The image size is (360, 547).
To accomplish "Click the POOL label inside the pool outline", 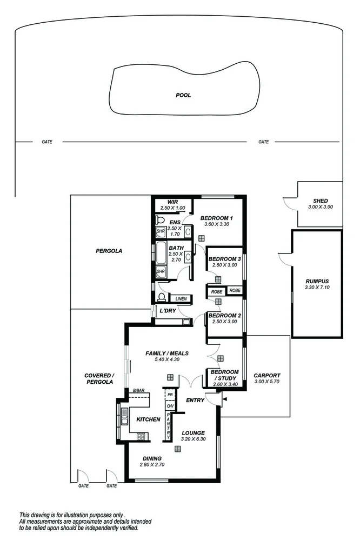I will (183, 95).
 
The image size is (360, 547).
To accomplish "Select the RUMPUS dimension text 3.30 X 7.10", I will (317, 288).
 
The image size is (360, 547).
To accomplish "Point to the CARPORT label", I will (267, 375).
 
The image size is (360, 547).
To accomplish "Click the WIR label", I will (172, 201).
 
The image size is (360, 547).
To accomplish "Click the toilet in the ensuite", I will (159, 220).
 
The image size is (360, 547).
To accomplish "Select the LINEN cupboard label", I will (181, 298).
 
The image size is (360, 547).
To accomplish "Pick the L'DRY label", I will (165, 311).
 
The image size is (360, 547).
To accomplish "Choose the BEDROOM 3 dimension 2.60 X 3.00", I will (224, 265).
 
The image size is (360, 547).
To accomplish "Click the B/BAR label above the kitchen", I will (138, 390).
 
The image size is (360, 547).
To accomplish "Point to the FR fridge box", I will (169, 395).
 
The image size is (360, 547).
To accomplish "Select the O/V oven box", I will (169, 405).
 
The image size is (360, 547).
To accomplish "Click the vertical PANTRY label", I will (169, 425).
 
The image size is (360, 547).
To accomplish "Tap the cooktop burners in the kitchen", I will (142, 436).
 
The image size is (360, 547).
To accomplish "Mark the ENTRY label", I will (195, 400).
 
